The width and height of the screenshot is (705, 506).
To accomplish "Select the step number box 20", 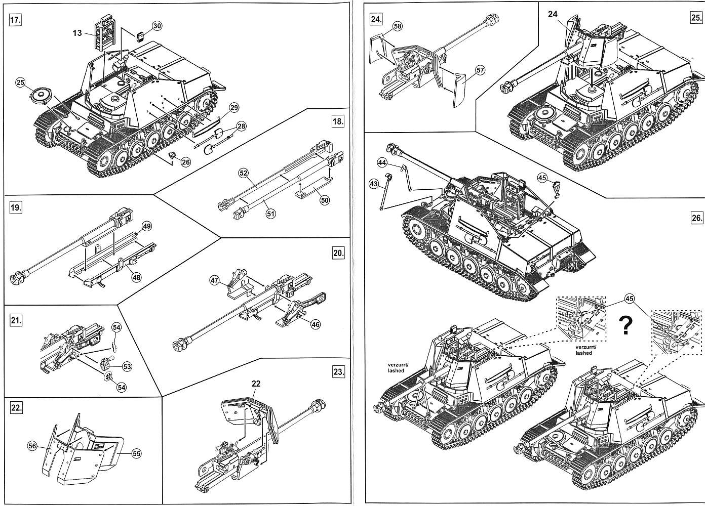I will pos(338,253).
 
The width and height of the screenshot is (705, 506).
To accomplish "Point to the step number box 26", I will pos(696,218).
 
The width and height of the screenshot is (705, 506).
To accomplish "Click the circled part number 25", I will pos(20,83).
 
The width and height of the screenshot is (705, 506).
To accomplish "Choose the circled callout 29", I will pos(233,108).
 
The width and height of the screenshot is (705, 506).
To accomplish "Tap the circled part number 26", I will pos(185,162).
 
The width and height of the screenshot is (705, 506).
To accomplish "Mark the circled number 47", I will pos(214,280).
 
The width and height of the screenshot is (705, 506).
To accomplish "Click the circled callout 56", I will pos(33,445).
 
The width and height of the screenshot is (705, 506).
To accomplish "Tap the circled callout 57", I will pos(480,70).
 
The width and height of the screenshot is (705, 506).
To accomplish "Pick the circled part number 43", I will pos(374,184).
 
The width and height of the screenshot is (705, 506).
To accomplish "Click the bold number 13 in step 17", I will pos(76,33).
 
